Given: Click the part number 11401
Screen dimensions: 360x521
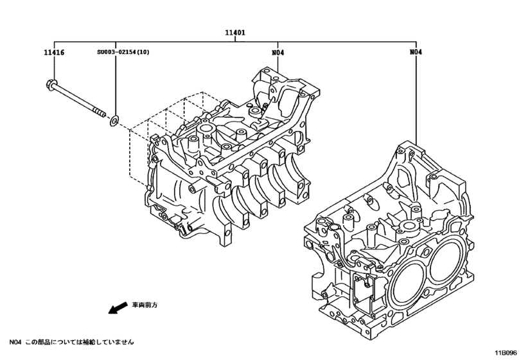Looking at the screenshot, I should coord(235,32).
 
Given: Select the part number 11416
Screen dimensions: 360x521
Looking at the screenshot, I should coord(54,52).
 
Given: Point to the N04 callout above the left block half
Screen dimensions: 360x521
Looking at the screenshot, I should coord(278,52).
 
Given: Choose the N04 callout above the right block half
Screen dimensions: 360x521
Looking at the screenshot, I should coord(416,52).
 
